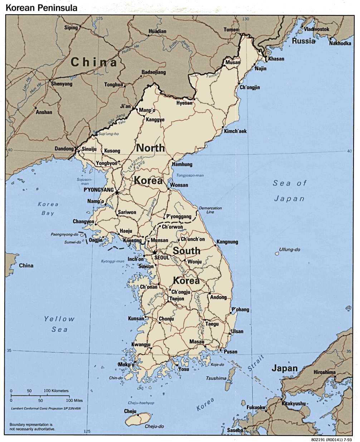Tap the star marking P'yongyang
tap(117, 193)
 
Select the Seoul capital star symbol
tap(154, 253)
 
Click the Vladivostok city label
tap(316, 29)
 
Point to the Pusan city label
tap(231, 352)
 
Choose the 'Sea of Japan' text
tap(289, 191)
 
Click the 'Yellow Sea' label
tap(59, 324)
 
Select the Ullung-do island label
tap(290, 249)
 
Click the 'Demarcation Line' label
tap(210, 210)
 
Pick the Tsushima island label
tap(216, 378)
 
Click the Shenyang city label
tap(62, 84)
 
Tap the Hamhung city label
tap(182, 164)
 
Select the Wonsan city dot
tap(168, 185)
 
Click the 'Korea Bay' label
tap(48, 208)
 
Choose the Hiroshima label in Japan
tap(325, 372)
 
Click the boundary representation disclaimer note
tap(32, 426)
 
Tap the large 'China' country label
tap(94, 62)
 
